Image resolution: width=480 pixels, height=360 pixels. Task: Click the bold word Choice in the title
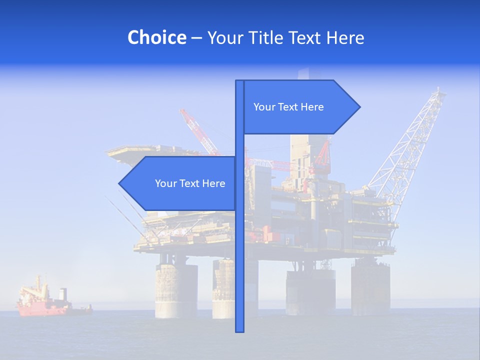156,37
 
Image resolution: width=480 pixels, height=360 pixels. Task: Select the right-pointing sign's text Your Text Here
288,107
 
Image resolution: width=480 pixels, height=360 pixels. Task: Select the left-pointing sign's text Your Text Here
190,183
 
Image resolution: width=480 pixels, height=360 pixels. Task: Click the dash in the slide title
196,38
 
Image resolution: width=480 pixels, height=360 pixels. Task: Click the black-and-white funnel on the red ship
62,294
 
